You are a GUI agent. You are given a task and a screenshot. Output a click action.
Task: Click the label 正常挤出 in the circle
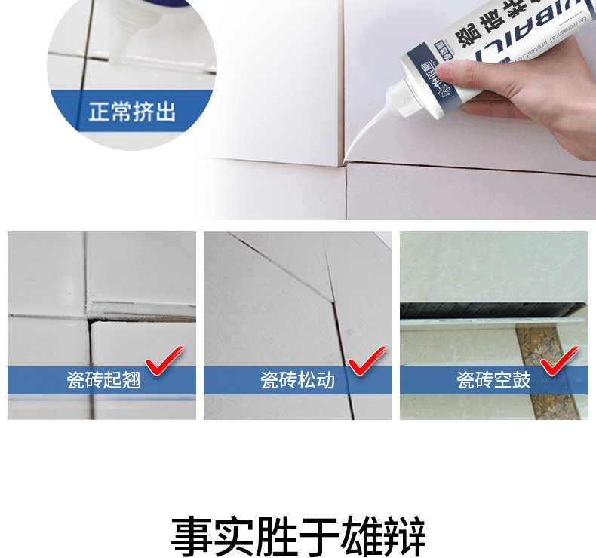132,113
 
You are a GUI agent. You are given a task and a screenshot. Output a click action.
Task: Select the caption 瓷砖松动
298,380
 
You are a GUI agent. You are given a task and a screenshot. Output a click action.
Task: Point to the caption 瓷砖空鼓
493,380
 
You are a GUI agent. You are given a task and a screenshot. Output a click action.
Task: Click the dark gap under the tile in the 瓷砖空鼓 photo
490,309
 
